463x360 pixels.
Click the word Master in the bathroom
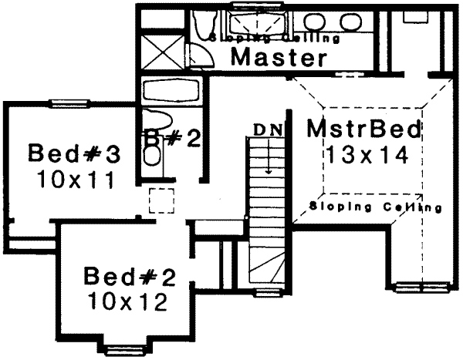point(277,57)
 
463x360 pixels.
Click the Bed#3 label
point(75,153)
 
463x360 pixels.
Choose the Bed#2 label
point(126,275)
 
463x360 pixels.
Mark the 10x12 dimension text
point(126,301)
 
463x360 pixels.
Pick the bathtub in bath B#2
point(171,91)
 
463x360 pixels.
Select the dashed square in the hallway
point(161,200)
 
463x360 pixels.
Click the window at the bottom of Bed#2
point(126,341)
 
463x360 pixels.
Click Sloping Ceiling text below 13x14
point(374,207)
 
